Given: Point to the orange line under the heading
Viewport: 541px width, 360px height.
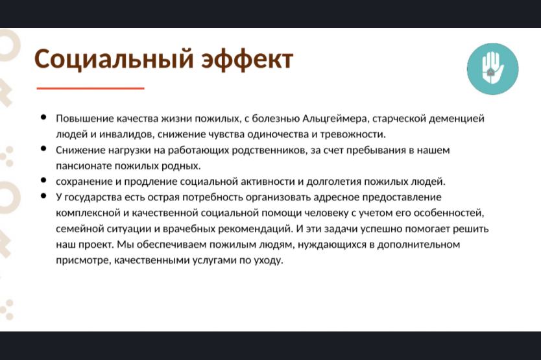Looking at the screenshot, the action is (90, 88).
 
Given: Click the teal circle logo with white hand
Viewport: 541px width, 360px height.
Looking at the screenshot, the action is (493, 69).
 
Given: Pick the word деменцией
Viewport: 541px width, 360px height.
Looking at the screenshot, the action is (456, 119).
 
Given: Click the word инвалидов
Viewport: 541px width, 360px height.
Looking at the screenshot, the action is (126, 134).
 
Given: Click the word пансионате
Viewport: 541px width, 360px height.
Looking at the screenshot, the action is (84, 166).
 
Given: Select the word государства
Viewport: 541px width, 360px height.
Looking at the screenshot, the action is (93, 197).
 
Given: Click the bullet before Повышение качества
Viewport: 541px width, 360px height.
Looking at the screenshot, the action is (43, 117).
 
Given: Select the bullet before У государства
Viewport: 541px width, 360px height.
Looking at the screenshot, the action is (43, 196).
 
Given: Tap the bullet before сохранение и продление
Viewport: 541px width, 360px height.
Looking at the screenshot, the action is (43, 180).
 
